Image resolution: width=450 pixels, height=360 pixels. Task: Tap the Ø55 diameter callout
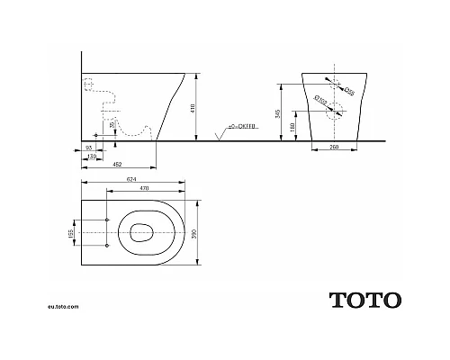point(352,92)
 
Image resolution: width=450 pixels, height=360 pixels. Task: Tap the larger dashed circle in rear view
point(334,112)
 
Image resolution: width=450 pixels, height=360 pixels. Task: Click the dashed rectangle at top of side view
point(88,85)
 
